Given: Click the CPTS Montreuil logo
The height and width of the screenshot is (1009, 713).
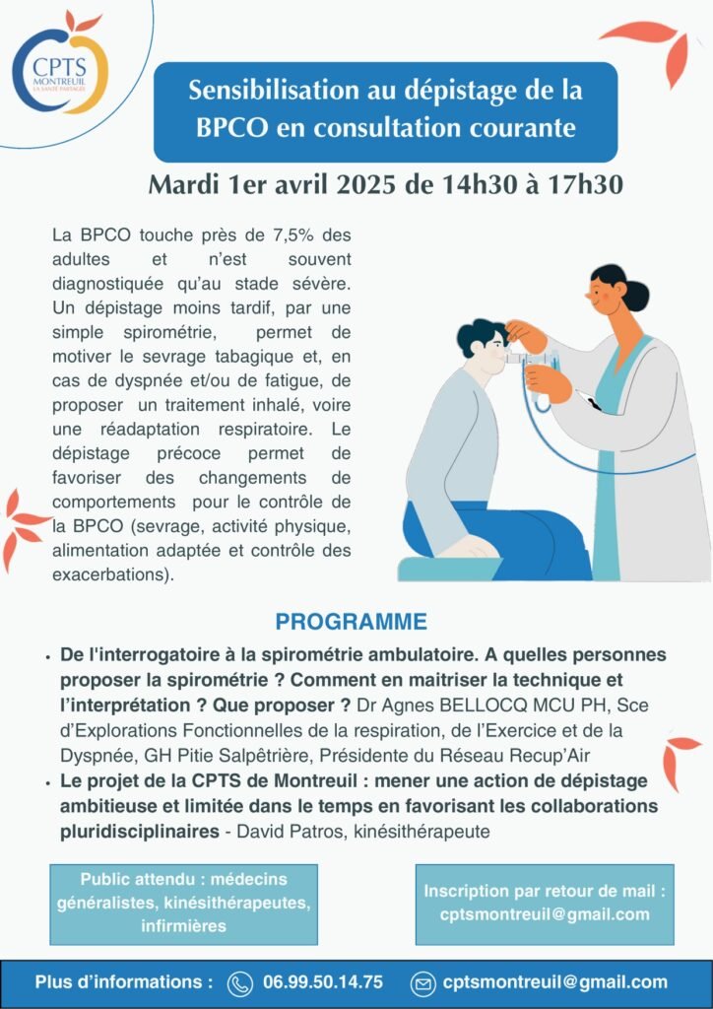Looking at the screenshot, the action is pyautogui.click(x=60, y=62).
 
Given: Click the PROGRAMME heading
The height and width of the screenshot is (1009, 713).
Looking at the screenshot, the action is pyautogui.click(x=351, y=622).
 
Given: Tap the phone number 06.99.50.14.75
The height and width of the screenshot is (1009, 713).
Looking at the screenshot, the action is pyautogui.click(x=323, y=982).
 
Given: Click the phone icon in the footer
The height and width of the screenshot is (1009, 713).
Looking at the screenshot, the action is pyautogui.click(x=240, y=983).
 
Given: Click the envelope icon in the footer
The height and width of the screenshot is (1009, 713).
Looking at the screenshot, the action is pyautogui.click(x=423, y=983).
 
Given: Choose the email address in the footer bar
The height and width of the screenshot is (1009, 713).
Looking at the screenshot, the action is pyautogui.click(x=554, y=982).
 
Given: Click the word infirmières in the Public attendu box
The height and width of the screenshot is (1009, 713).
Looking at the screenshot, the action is pyautogui.click(x=184, y=926).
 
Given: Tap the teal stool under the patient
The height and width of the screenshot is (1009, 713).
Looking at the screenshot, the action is pyautogui.click(x=449, y=569).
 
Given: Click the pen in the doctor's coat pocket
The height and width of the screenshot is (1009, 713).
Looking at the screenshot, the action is pyautogui.click(x=589, y=400).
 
